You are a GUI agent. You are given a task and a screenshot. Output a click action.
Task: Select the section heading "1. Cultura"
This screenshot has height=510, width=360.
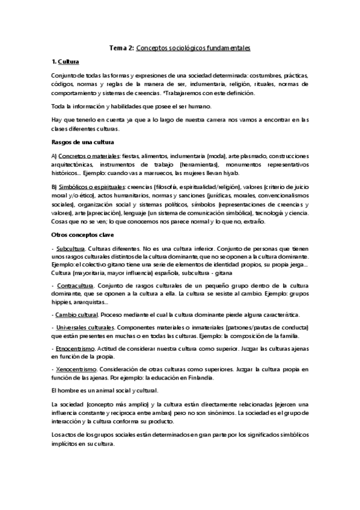coord(66,62)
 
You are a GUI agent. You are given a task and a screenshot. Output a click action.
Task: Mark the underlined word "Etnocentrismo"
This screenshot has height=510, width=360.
coord(75,348)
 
